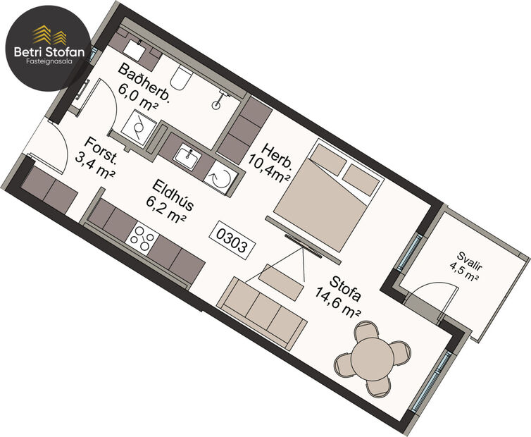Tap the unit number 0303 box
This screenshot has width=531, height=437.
232,239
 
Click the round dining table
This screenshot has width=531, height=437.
370,357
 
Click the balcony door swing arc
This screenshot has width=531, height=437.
432,288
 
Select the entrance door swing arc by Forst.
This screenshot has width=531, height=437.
61,144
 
